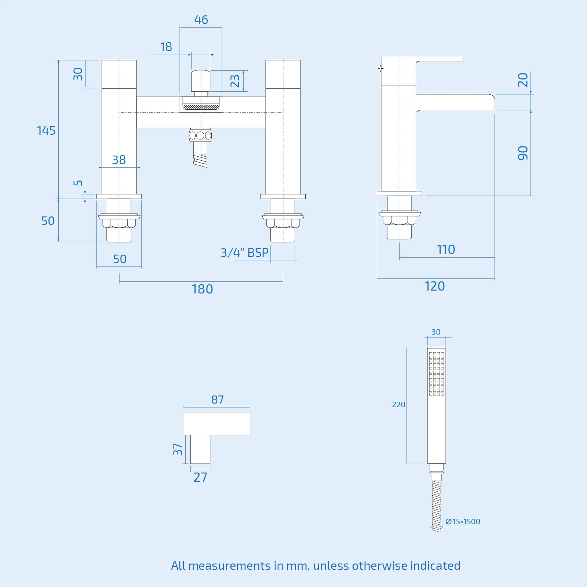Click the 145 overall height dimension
(46, 131)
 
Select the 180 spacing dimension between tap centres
(202, 289)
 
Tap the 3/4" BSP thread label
(244, 252)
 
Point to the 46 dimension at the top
(201, 19)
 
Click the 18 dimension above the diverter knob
(166, 47)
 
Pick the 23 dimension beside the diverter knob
(235, 81)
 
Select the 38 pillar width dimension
(119, 160)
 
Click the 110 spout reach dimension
(446, 249)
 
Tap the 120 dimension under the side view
(435, 286)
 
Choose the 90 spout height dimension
(523, 153)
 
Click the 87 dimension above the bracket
(218, 400)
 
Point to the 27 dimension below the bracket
(200, 477)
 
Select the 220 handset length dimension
(398, 405)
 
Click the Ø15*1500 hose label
(463, 521)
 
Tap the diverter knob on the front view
(201, 81)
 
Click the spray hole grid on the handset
(437, 373)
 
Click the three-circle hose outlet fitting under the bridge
(200, 135)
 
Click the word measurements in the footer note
(229, 566)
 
